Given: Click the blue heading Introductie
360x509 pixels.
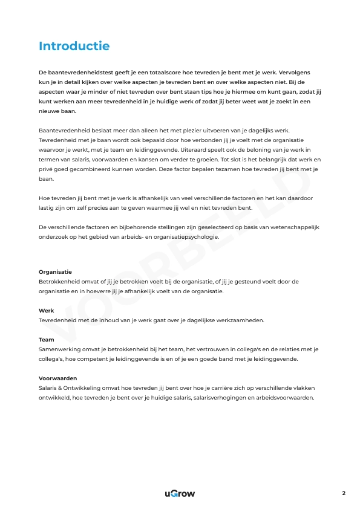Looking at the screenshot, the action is click(74, 47).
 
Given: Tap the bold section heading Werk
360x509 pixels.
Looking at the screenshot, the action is click(47, 311).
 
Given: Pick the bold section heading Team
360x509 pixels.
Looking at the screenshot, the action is click(47, 340).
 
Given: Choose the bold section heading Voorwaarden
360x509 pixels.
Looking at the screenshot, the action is click(58, 378).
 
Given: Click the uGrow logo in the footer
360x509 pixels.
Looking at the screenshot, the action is click(180, 493).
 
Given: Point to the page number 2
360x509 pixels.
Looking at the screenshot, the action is click(344, 493).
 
